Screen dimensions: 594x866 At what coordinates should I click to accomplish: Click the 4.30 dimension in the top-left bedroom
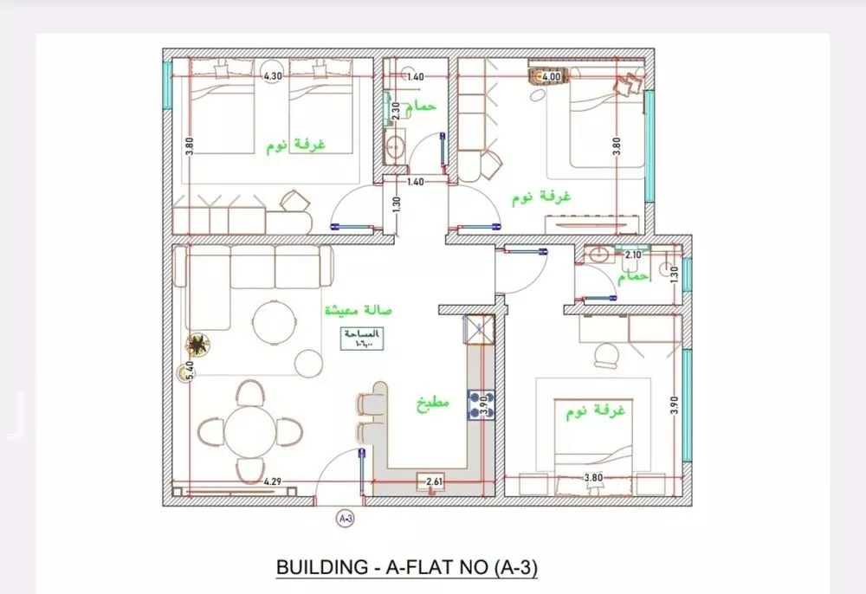pos(273,76)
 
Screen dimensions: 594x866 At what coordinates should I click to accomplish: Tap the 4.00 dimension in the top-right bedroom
pos(552,76)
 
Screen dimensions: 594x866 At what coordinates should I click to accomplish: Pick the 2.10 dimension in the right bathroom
pos(633,255)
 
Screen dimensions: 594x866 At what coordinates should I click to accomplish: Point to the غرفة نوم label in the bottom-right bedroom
pos(595,410)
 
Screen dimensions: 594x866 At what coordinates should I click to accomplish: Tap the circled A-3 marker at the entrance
pos(345,519)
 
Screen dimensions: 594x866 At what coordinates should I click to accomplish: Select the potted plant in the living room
pos(198,345)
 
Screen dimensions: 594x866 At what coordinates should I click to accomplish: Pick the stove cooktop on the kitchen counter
pos(479,404)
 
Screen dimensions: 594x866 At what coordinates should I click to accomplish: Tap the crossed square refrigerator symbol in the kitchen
pos(478,330)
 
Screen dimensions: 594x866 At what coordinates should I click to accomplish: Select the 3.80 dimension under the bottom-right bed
pos(593,477)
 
